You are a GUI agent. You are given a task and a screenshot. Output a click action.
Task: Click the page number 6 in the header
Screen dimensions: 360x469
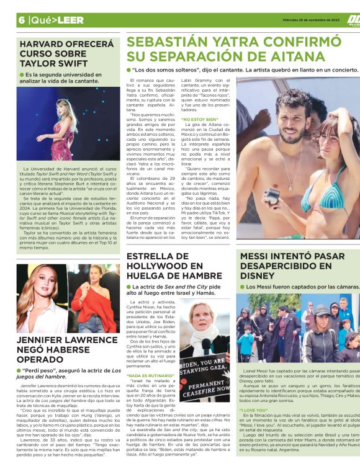click(x=21, y=19)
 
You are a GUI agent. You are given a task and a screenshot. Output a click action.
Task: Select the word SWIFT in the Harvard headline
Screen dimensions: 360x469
click(x=91, y=65)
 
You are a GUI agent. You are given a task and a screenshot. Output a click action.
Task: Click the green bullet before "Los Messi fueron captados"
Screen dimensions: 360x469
click(x=243, y=287)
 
